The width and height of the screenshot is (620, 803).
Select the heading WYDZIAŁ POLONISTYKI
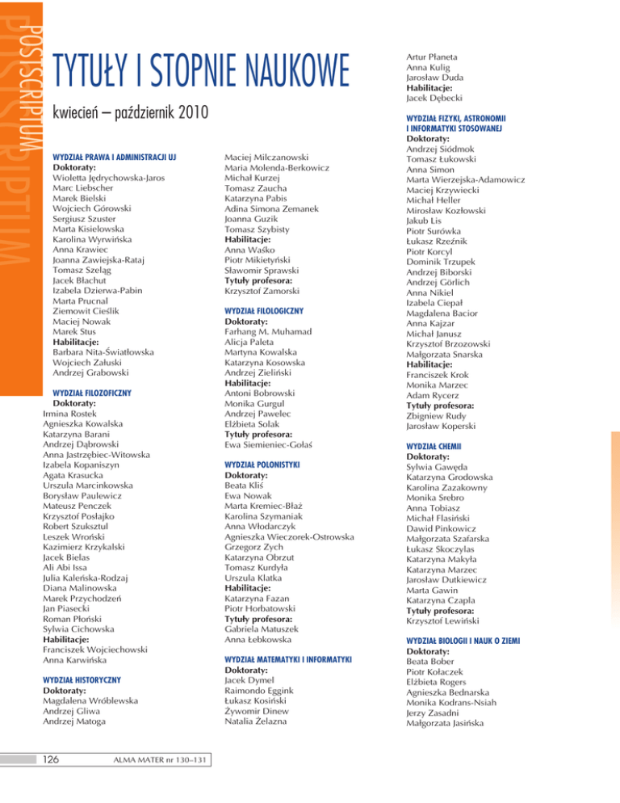click(261, 466)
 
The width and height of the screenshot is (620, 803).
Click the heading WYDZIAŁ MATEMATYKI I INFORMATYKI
click(287, 659)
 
